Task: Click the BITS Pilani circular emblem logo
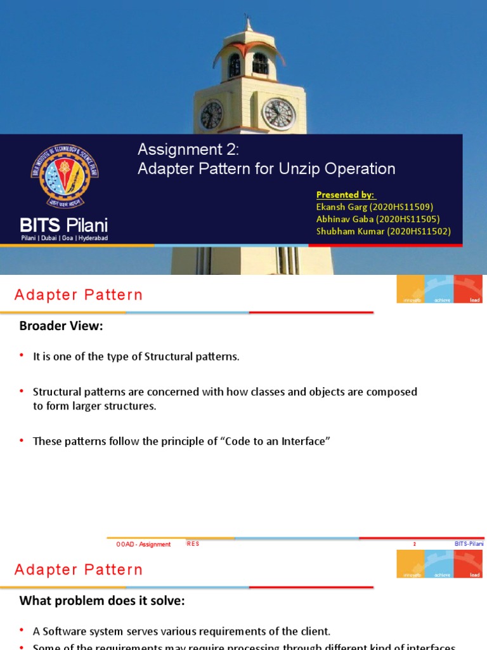(x=65, y=176)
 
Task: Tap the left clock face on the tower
(x=211, y=115)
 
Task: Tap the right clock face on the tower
(x=278, y=114)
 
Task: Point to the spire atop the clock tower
(x=249, y=24)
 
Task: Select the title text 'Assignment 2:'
(x=189, y=149)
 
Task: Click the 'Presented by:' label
(x=346, y=194)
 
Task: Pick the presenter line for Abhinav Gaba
(x=378, y=218)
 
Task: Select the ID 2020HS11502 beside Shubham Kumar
(x=420, y=231)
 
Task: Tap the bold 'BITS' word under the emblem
(x=39, y=225)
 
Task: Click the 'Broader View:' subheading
(x=61, y=326)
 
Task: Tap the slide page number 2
(x=414, y=544)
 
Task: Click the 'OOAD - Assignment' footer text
(x=143, y=544)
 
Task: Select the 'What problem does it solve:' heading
(x=102, y=600)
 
